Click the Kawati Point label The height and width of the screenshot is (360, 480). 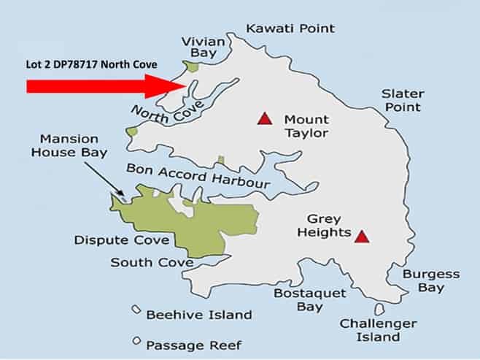[x=290, y=28]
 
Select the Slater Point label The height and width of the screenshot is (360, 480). [x=402, y=100]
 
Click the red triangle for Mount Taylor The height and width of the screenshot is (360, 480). [x=264, y=118]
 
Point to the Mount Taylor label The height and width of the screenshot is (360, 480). [x=306, y=126]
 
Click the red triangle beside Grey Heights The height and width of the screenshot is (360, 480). [x=361, y=235]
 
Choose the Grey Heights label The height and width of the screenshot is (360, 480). [x=329, y=226]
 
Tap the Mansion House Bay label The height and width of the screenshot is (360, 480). [x=74, y=145]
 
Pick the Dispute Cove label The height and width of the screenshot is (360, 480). [x=122, y=240]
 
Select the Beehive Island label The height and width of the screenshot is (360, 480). [x=198, y=315]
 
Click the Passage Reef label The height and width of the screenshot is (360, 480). [x=194, y=345]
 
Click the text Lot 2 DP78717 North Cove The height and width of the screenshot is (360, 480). [x=94, y=64]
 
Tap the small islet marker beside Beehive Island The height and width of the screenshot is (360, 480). [x=136, y=310]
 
